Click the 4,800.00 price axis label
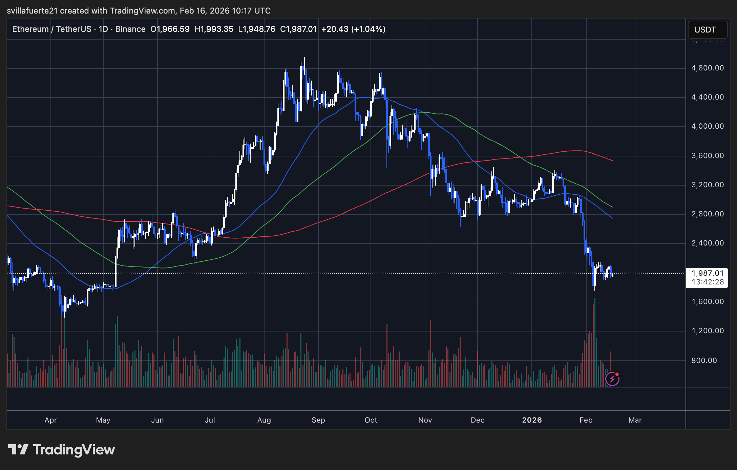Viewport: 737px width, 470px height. click(x=707, y=68)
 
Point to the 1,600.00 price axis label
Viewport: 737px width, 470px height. click(x=707, y=302)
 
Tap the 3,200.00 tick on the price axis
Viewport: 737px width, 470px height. click(x=707, y=185)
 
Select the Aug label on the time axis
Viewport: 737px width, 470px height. click(x=264, y=420)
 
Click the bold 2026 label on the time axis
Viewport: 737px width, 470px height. click(x=532, y=420)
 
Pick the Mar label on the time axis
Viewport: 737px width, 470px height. click(x=635, y=420)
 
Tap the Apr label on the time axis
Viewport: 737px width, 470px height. click(x=51, y=420)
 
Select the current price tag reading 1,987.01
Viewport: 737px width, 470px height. click(x=708, y=273)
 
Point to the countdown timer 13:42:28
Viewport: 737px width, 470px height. click(x=708, y=282)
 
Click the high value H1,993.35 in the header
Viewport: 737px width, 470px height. click(x=214, y=29)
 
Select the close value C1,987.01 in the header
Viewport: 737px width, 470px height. click(x=298, y=29)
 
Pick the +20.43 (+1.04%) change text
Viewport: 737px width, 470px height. click(x=353, y=29)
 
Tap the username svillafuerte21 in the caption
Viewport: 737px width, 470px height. click(x=32, y=11)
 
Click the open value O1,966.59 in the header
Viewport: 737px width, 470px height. click(x=170, y=29)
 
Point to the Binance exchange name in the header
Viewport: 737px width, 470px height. click(x=130, y=29)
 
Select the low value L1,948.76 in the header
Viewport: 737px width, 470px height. click(x=257, y=29)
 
